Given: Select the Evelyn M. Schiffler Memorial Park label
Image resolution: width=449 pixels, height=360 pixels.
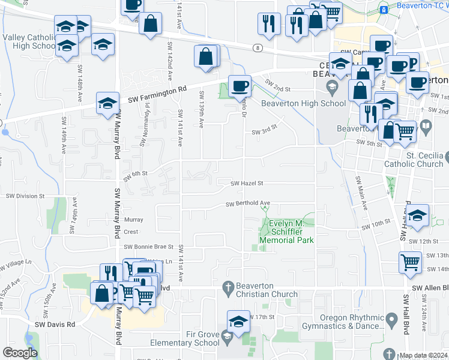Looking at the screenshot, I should click(x=286, y=232).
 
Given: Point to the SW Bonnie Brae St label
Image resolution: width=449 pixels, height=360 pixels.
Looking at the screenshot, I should click(x=148, y=247).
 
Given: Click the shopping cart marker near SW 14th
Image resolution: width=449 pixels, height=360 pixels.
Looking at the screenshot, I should click(x=411, y=262).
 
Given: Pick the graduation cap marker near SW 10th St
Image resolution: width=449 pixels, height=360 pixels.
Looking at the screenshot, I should click(x=417, y=215).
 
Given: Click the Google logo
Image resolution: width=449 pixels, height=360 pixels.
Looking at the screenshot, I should click(x=20, y=353).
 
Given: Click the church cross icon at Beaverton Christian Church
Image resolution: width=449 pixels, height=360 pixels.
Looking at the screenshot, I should click(x=228, y=286).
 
